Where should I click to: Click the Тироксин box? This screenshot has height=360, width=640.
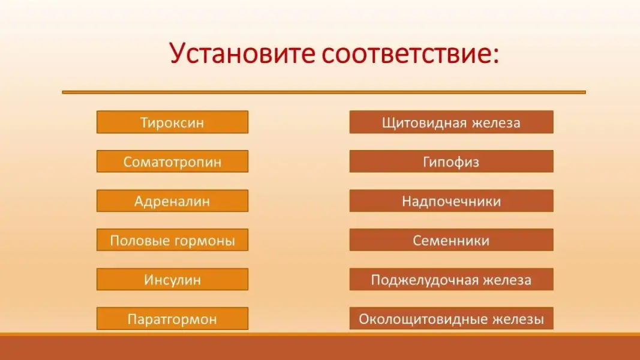[172, 122]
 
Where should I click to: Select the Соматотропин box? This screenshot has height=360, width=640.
[172, 161]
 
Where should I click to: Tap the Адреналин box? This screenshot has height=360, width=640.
[172, 201]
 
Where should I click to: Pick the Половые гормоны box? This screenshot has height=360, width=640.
[172, 240]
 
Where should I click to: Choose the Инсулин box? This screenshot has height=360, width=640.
[172, 279]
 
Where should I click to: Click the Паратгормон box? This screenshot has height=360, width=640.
[172, 319]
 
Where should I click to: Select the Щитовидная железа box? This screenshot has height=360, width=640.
[452, 122]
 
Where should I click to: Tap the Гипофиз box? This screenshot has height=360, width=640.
[452, 161]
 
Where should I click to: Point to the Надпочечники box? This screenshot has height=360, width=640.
[452, 201]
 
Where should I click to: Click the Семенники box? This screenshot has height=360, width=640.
[452, 240]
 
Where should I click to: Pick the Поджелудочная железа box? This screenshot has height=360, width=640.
[452, 279]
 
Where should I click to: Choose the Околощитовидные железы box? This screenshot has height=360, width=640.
[452, 319]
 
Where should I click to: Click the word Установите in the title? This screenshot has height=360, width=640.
[242, 53]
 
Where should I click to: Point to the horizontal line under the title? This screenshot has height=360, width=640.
[324, 92]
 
